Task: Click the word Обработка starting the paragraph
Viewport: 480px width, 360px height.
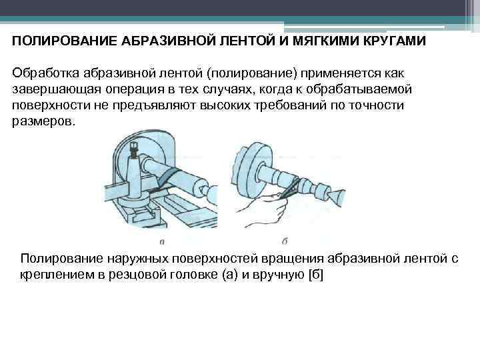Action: click(x=46, y=72)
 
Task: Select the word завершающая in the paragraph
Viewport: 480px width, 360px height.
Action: click(x=55, y=89)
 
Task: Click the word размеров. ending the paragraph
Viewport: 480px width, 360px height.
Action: click(x=44, y=122)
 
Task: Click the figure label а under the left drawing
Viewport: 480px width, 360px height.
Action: click(x=163, y=241)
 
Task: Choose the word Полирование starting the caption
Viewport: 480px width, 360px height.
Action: click(x=62, y=259)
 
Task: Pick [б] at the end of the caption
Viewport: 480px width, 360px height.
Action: click(x=314, y=275)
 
